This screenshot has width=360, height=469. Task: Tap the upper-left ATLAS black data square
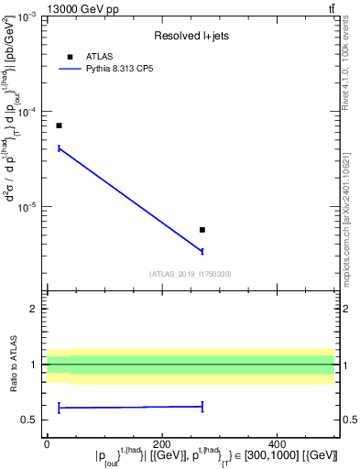click(59, 125)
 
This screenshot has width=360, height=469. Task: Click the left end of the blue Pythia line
click(59, 147)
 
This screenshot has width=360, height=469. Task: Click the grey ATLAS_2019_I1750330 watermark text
click(191, 273)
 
